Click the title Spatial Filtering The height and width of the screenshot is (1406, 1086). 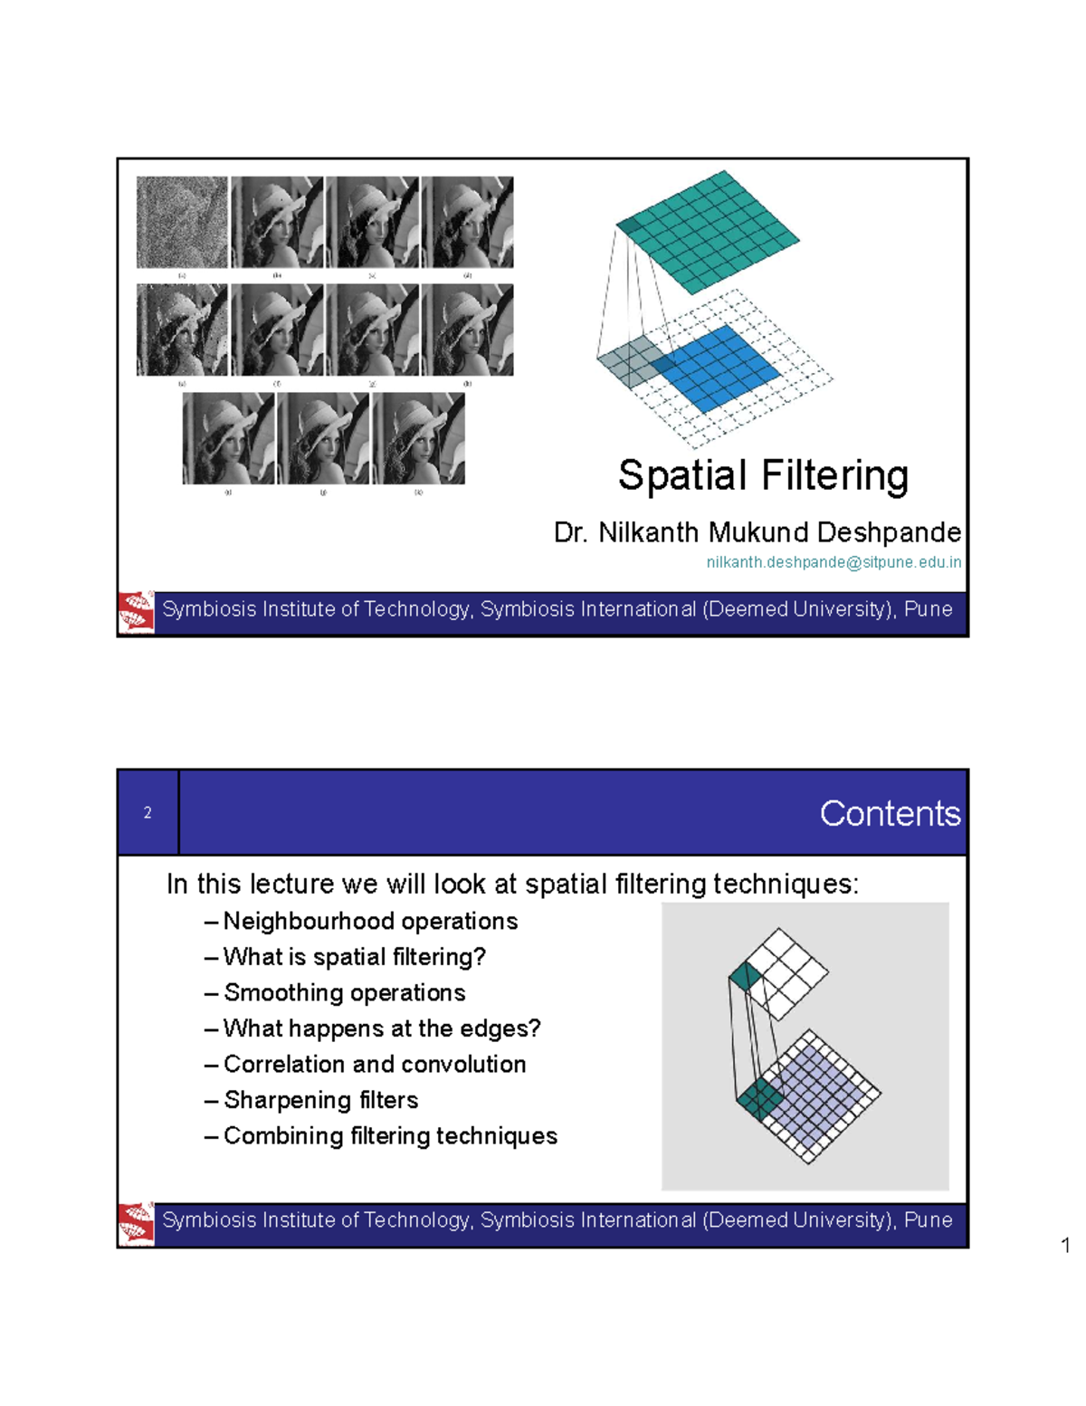(x=763, y=476)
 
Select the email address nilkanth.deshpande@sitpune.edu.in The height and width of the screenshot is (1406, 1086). (x=834, y=562)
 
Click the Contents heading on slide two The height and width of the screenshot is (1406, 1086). (x=890, y=813)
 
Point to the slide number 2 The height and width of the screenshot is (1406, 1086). (x=148, y=813)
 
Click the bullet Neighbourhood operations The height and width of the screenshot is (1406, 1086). (x=370, y=922)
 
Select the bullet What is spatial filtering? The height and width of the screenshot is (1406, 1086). (x=354, y=957)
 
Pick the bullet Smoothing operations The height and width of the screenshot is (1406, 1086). (x=344, y=993)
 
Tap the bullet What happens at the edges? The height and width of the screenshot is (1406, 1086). (x=381, y=1028)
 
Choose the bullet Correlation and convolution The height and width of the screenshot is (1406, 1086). (x=375, y=1065)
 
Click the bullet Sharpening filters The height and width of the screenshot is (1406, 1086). (x=320, y=1100)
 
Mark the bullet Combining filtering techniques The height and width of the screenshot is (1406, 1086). (x=390, y=1136)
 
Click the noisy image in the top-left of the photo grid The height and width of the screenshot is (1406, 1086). (x=182, y=222)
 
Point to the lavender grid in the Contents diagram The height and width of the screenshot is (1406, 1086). (x=814, y=1091)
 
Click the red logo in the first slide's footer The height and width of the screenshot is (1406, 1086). (x=137, y=612)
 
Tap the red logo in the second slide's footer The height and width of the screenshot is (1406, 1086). (x=137, y=1223)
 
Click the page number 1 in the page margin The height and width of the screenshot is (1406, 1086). (x=1065, y=1246)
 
